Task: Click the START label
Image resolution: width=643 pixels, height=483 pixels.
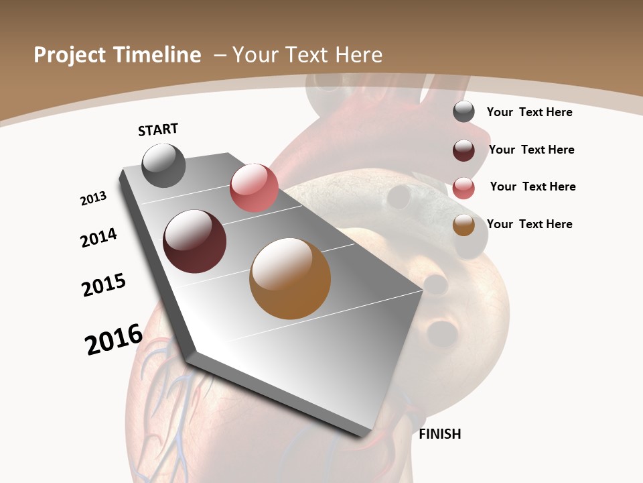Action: click(158, 129)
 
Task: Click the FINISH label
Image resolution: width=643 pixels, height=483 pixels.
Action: click(439, 434)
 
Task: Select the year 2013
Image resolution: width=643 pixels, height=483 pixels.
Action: click(93, 199)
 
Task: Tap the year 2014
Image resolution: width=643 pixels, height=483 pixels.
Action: click(98, 237)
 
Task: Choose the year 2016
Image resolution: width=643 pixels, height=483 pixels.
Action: click(114, 339)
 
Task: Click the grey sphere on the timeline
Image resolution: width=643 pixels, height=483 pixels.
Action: click(164, 165)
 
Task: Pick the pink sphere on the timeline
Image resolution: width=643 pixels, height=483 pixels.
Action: click(254, 187)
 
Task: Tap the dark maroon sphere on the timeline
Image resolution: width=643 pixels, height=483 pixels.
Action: click(195, 241)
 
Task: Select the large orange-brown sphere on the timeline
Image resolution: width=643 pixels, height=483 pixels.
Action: click(290, 278)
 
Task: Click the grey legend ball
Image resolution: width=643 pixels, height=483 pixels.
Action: click(463, 112)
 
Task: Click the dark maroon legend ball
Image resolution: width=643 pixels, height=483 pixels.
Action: click(463, 150)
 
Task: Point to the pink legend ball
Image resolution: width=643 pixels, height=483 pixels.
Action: click(463, 188)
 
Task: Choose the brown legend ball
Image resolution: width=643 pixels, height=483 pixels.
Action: click(463, 225)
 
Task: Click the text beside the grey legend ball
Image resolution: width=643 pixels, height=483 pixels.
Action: click(529, 112)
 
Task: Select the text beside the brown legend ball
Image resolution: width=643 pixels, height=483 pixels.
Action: click(529, 224)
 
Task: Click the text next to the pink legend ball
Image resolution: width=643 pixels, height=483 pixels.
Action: click(532, 186)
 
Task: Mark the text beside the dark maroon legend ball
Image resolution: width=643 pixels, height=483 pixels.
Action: click(531, 150)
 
